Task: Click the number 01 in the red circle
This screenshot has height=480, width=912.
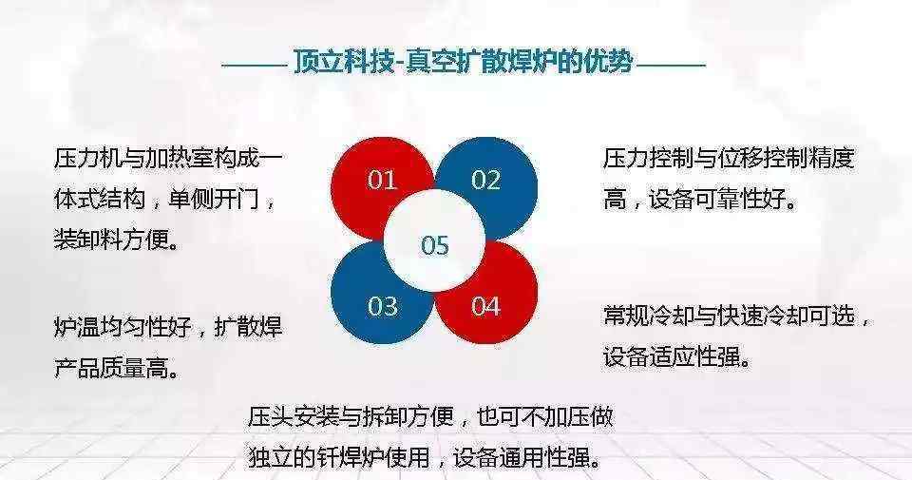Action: point(382,180)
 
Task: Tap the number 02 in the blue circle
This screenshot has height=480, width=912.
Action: point(485,180)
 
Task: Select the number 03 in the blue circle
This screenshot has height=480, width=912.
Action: point(382,306)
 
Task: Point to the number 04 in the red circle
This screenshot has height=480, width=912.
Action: point(485,306)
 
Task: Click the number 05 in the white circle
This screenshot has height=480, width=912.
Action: point(434,245)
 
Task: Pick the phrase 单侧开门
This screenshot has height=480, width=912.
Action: point(213,200)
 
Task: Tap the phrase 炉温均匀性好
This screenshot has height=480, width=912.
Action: point(123,327)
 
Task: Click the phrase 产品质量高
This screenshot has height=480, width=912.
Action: point(111,368)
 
